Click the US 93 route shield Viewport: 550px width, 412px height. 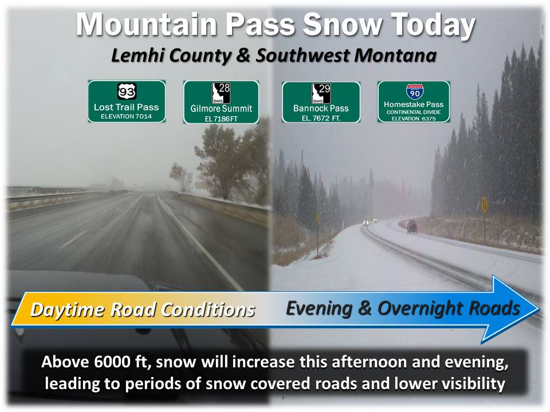127,92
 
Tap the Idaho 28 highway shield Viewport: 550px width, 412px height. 221,93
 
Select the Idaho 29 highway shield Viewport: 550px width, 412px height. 321,93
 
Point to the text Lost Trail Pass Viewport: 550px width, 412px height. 126,107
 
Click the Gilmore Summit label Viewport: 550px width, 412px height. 221,109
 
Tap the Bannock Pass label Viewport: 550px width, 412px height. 321,108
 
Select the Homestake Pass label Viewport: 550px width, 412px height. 414,104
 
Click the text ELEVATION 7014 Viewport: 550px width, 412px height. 126,116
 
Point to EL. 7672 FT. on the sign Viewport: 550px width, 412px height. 321,118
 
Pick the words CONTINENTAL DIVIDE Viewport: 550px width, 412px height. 414,112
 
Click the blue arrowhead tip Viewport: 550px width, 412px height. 539,308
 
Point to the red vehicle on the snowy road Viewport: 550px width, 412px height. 412,227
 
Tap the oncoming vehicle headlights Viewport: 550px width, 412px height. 370,221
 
